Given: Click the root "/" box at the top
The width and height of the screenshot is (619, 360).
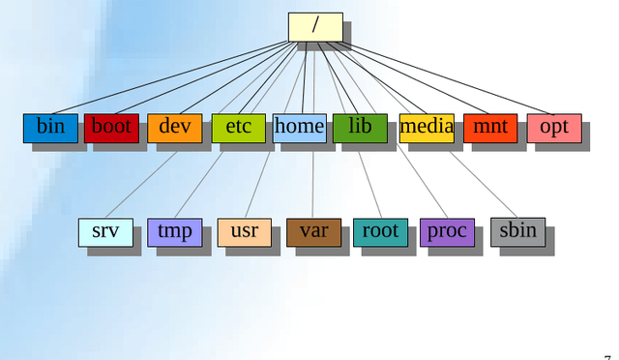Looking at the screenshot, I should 315,27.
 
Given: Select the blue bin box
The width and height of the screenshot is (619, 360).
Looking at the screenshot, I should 50,128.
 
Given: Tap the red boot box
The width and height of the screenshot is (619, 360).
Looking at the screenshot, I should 111,128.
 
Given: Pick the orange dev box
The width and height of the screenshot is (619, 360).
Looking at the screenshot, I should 175,128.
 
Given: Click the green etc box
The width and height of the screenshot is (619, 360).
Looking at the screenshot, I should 238,128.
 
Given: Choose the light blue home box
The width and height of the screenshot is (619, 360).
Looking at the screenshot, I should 299,128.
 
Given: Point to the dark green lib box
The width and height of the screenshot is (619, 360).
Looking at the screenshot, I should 360,128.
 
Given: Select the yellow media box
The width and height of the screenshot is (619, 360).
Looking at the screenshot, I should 427,128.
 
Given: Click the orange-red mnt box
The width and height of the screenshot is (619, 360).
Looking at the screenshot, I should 490,128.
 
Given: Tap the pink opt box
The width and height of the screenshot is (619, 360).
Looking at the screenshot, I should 554,128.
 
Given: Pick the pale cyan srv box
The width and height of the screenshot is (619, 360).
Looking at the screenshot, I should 105,232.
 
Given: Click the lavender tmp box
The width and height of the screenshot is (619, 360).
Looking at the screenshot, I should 175,232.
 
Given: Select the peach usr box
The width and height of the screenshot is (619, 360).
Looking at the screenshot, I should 245,232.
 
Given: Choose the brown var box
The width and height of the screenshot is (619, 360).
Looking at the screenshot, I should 313,232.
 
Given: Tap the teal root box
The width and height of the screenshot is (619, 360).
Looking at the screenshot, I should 380,232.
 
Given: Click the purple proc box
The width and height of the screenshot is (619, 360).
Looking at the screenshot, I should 447,232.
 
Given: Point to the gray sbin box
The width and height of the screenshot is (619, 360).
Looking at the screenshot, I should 517,231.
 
